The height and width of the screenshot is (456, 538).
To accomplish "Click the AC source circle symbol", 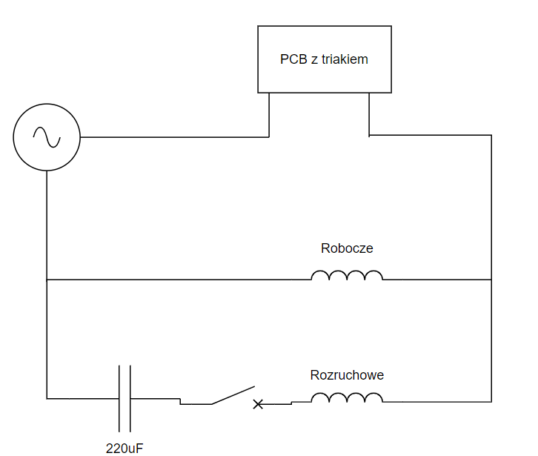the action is (47, 104).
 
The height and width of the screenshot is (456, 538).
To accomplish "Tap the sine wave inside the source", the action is (47, 137).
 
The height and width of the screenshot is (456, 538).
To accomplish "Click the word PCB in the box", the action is (293, 59).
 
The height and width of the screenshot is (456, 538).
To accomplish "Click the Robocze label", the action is (347, 248).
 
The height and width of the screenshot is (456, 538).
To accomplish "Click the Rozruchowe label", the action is (347, 375).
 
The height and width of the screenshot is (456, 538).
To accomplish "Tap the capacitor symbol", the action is (125, 399).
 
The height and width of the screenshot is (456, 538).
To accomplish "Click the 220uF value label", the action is (124, 449).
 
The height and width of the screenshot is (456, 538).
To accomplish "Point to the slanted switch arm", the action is (233, 395).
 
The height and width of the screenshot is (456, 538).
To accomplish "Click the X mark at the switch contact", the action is (258, 405).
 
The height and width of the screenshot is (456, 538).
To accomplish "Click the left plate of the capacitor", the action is (119, 399).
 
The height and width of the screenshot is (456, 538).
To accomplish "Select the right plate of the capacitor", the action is (130, 399).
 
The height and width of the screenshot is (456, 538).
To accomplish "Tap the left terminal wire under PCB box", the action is (269, 115).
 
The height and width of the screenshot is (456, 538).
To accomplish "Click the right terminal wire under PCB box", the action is (369, 114).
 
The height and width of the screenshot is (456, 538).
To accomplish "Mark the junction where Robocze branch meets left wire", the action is (47, 280).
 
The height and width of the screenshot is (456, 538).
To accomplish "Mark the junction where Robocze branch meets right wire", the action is (491, 280).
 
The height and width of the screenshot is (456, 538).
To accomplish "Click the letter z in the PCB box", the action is (315, 61).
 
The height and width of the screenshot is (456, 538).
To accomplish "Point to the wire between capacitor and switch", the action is (156, 399).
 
